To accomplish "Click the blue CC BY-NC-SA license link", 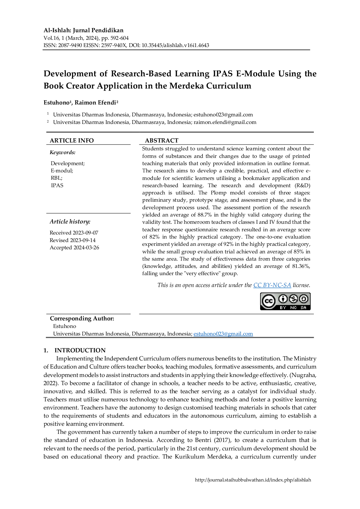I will click(x=272, y=285).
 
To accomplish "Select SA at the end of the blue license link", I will click(x=287, y=285).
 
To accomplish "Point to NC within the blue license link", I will click(x=277, y=285).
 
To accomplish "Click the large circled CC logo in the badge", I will click(x=269, y=301).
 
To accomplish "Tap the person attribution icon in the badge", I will click(x=283, y=299).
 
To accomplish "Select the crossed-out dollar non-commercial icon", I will click(x=293, y=299).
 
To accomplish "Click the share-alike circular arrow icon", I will click(x=303, y=299).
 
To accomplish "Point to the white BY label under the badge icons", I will click(x=283, y=307).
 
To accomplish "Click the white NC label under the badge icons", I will click(x=294, y=307).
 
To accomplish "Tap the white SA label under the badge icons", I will click(x=303, y=307).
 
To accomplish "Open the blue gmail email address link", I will click(x=223, y=334).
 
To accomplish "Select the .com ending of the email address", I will click(x=247, y=334).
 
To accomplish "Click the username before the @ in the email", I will click(x=206, y=334).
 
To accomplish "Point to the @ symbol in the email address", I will click(x=222, y=334).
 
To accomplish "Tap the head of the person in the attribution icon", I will click(x=283, y=297).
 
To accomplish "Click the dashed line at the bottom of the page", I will click(x=253, y=477).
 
